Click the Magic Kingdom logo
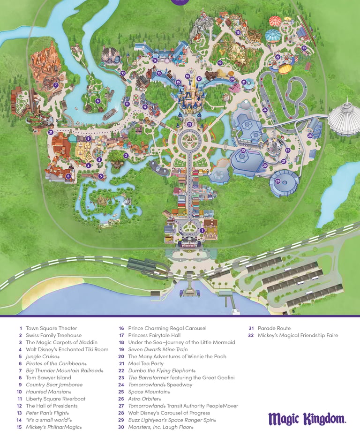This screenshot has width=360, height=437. point(307,419)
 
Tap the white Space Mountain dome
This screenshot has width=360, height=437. point(345,118)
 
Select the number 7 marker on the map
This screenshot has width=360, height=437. point(56,85)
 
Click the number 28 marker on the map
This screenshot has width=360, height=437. point(277,181)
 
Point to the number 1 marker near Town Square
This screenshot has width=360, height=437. point(202,230)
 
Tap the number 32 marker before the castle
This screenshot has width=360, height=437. point(189,124)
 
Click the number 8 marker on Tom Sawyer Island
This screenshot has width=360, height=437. point(97,101)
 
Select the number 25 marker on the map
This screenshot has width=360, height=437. point(310,136)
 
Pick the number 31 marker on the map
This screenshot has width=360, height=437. point(50,132)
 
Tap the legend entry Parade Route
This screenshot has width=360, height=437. point(274,328)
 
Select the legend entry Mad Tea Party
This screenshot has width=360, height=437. point(145,363)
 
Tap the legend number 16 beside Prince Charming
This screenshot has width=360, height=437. point(121,328)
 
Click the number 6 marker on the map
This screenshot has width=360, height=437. point(68,176)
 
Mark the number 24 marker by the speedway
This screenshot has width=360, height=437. point(265,110)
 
